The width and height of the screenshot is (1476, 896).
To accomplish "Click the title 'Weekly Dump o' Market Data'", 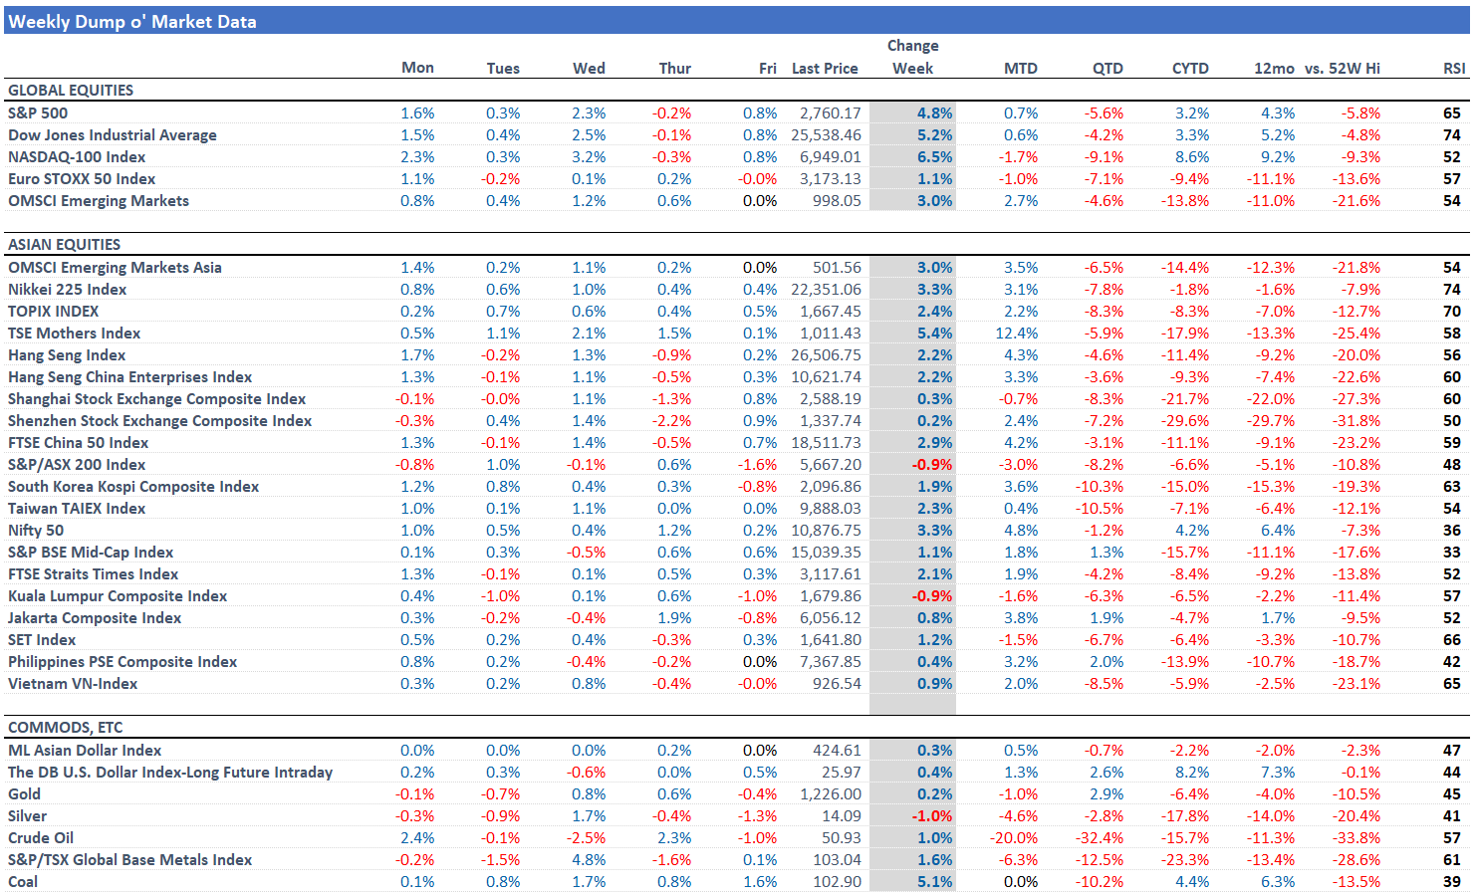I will [x=132, y=21].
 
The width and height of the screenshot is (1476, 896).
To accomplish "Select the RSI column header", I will [x=1453, y=68].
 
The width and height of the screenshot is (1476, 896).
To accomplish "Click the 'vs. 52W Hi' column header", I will [x=1342, y=68].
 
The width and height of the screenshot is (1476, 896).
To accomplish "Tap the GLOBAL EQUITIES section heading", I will [x=71, y=90].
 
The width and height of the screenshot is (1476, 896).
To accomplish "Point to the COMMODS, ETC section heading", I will [x=66, y=727].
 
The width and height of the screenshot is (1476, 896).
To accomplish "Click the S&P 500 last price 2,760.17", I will [x=830, y=112].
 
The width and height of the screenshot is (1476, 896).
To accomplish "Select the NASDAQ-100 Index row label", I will [x=77, y=156].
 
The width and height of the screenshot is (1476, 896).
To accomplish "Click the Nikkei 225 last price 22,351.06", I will [x=826, y=289].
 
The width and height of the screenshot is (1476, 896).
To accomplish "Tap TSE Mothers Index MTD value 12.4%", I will [x=1016, y=333].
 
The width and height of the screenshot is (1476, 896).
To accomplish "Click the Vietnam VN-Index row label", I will [x=73, y=683].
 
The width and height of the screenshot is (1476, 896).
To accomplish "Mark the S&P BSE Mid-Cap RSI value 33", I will [x=1451, y=552].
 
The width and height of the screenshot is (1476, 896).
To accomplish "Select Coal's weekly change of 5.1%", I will [x=934, y=881].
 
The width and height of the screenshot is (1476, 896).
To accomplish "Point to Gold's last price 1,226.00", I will [x=830, y=793].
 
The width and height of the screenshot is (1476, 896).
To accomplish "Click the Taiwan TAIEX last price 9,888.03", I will [x=830, y=508].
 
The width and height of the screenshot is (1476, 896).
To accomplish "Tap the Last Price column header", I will [x=825, y=68].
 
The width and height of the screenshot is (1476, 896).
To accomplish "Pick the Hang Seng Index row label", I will [x=67, y=354].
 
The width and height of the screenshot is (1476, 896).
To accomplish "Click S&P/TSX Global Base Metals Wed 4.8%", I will [x=589, y=859].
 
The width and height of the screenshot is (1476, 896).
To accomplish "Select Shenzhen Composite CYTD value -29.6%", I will [x=1184, y=420].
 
